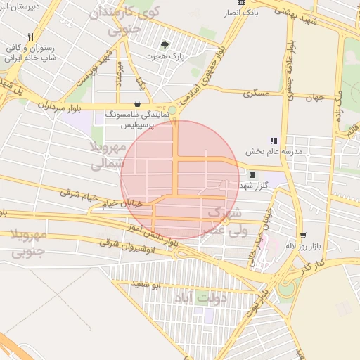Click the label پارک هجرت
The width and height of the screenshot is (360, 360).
pyautogui.click(x=163, y=56)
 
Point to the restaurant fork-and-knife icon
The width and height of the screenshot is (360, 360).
pyautogui.click(x=30, y=37)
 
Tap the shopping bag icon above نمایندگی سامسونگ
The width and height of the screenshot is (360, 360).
pyautogui.click(x=137, y=103)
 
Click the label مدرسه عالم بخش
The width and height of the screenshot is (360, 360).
pyautogui.click(x=273, y=151)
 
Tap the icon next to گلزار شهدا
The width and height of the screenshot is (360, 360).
pyautogui.click(x=252, y=175)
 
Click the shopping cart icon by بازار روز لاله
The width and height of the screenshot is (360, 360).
pyautogui.click(x=302, y=236)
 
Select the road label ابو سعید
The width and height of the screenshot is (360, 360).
pyautogui.click(x=148, y=284)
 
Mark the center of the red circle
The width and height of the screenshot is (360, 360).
pyautogui.click(x=179, y=179)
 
